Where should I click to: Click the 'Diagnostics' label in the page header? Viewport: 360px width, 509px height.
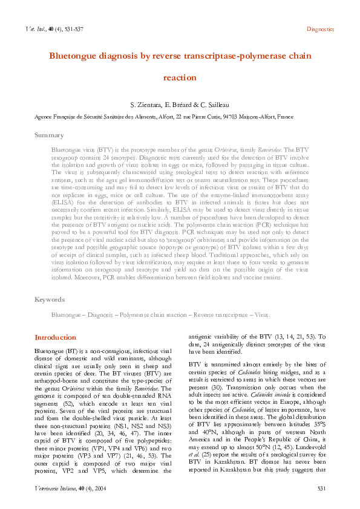pyautogui.click(x=320, y=29)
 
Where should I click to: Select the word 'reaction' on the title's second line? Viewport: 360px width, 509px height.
pyautogui.click(x=180, y=77)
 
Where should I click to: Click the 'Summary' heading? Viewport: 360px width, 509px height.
pyautogui.click(x=49, y=135)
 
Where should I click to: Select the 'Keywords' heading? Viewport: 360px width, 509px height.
pyautogui.click(x=50, y=299)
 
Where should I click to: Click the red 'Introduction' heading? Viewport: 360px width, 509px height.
pyautogui.click(x=55, y=337)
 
